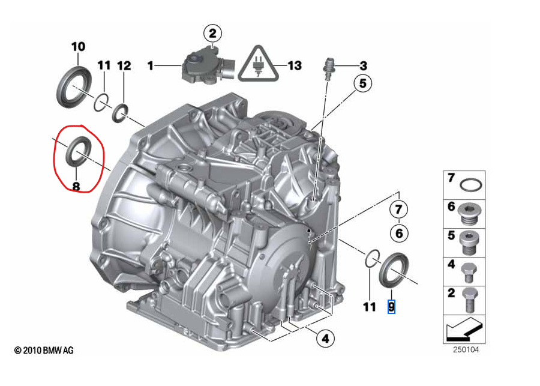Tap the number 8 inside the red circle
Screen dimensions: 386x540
coord(76,186)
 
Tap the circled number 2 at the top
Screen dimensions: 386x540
coord(212,32)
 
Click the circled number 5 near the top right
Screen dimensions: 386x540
coord(362,85)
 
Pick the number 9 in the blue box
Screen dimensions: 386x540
coord(391,307)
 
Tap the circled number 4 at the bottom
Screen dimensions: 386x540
coord(325,339)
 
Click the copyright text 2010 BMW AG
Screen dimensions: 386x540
coord(44,350)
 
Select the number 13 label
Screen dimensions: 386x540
coord(294,65)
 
